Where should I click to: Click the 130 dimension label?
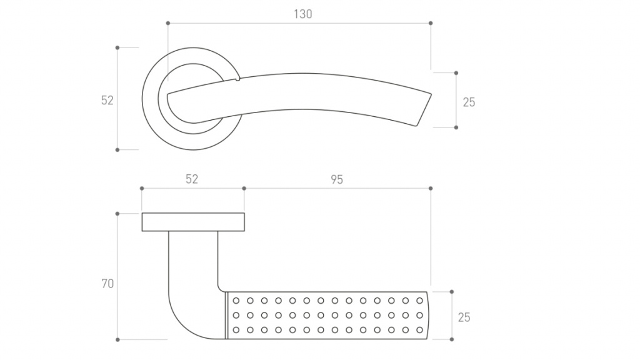click(302, 14)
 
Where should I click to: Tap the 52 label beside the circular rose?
click(107, 100)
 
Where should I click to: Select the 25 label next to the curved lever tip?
click(469, 102)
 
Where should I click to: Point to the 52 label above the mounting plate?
click(191, 179)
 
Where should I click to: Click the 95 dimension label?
click(336, 179)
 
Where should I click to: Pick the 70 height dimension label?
click(107, 284)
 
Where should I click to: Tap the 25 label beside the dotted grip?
click(464, 317)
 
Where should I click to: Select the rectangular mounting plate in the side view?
click(192, 222)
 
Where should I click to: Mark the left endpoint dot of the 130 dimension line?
click(168, 23)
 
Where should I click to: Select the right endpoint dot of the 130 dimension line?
click(431, 23)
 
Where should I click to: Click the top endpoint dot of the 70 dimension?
click(117, 214)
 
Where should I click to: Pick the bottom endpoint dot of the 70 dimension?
click(117, 340)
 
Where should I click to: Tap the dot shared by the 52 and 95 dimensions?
click(244, 188)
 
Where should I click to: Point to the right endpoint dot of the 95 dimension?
click(431, 188)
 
